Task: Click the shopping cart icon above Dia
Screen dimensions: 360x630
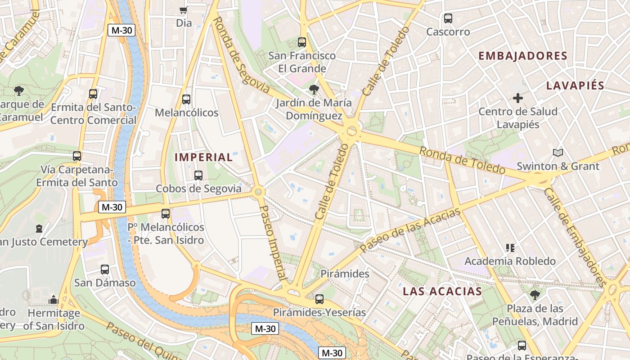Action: (x=183, y=10)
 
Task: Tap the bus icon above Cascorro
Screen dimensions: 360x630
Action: (x=448, y=18)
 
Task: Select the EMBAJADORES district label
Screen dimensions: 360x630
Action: (x=522, y=56)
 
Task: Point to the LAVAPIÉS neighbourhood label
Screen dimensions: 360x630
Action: (x=575, y=85)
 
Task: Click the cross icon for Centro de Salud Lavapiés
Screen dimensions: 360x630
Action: (x=518, y=98)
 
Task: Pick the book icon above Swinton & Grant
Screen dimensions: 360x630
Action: (x=558, y=153)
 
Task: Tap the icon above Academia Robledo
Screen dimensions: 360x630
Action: (x=510, y=247)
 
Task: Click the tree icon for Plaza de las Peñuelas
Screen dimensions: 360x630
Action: (x=535, y=295)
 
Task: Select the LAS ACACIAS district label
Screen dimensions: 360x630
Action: (x=442, y=291)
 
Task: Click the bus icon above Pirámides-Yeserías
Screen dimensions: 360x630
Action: (x=319, y=299)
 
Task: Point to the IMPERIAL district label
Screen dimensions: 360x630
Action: (x=203, y=157)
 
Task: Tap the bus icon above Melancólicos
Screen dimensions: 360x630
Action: (x=186, y=99)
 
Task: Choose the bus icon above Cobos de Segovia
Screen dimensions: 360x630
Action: (x=198, y=175)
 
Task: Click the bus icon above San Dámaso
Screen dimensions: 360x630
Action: (x=105, y=270)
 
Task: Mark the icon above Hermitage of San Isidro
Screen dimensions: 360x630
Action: (x=54, y=300)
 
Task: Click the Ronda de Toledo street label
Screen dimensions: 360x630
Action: (x=463, y=161)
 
